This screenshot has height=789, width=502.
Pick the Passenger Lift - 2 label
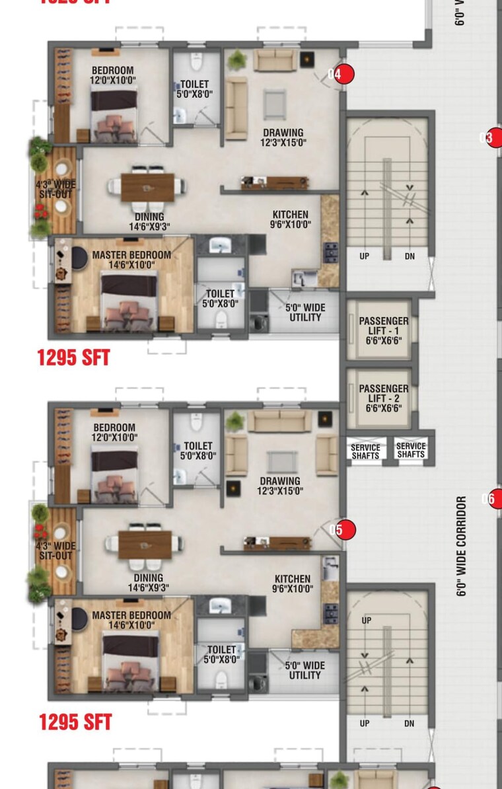[384, 398]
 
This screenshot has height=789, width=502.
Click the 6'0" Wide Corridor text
[462, 546]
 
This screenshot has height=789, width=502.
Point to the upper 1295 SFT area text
[73, 358]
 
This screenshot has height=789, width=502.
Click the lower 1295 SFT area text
[75, 722]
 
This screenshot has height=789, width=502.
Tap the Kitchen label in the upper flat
[291, 219]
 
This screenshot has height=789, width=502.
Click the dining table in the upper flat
[148, 187]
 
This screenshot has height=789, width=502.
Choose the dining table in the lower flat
[145, 545]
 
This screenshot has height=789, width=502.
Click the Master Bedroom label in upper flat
[131, 259]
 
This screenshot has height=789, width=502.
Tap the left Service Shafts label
[365, 451]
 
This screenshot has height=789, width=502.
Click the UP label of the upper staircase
[365, 256]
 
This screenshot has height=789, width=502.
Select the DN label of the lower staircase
[410, 724]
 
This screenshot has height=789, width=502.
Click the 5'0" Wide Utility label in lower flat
[305, 670]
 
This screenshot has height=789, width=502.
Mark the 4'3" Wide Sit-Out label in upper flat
[55, 188]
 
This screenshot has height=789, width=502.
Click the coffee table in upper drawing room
[275, 104]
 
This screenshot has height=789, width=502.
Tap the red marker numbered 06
[492, 499]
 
